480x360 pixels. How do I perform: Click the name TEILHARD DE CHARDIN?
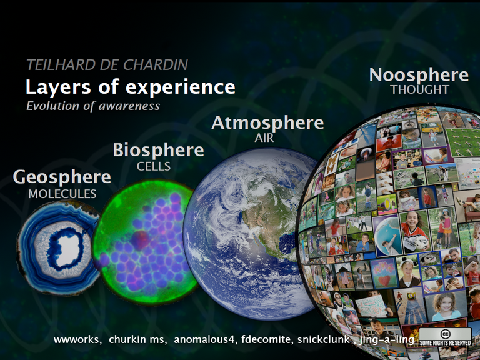[107, 65]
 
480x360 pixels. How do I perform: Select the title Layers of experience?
[131, 87]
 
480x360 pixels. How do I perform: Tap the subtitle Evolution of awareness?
[93, 106]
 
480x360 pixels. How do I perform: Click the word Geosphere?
[62, 177]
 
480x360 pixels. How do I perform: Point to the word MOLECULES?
[62, 194]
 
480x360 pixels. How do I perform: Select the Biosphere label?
[158, 150]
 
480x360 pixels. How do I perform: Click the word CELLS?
[154, 166]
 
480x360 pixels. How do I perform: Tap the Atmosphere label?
[267, 122]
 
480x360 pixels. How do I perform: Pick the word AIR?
[264, 138]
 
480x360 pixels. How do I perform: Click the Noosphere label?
[419, 75]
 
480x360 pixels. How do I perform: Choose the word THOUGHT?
[420, 89]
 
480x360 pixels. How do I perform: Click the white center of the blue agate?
[67, 247]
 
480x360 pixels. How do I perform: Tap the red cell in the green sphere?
[140, 240]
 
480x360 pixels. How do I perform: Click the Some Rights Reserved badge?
[445, 337]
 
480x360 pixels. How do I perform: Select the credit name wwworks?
[77, 339]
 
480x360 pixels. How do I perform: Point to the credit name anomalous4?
[206, 339]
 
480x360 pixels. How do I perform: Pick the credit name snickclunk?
[323, 339]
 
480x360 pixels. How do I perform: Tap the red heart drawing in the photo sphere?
[384, 280]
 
